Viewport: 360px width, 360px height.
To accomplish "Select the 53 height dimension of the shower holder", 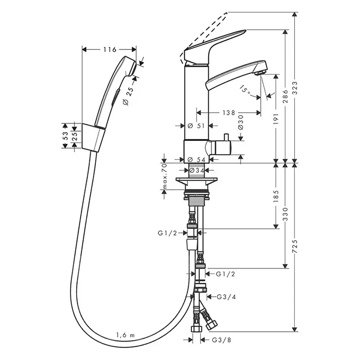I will (x=65, y=136).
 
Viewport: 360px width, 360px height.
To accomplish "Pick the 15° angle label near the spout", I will (x=246, y=89).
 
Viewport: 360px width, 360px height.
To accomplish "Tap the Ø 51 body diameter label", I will (x=196, y=125).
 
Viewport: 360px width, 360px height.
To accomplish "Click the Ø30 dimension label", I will (x=240, y=120).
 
